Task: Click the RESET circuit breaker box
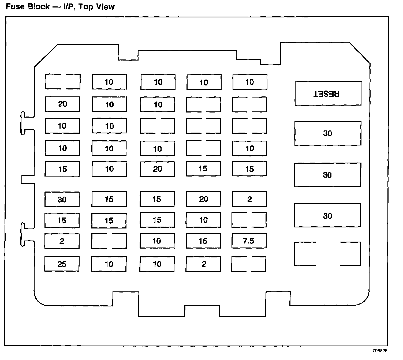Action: click(328, 93)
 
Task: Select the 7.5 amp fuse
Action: click(249, 241)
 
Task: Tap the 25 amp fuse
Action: click(62, 264)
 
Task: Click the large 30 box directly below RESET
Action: click(328, 133)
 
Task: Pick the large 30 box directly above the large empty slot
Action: click(327, 216)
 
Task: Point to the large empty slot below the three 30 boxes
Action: click(327, 254)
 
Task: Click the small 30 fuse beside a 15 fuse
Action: click(62, 200)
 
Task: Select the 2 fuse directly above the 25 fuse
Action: click(62, 241)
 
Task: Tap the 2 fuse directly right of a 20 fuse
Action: click(249, 199)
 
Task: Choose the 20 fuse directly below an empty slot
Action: click(62, 104)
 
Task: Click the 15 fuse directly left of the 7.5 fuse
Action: click(203, 241)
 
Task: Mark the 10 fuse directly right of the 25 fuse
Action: click(109, 264)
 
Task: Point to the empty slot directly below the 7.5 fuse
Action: click(249, 264)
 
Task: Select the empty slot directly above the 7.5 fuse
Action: click(249, 220)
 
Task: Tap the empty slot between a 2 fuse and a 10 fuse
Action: click(109, 241)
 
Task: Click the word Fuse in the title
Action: click(15, 6)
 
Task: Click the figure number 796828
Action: click(379, 351)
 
